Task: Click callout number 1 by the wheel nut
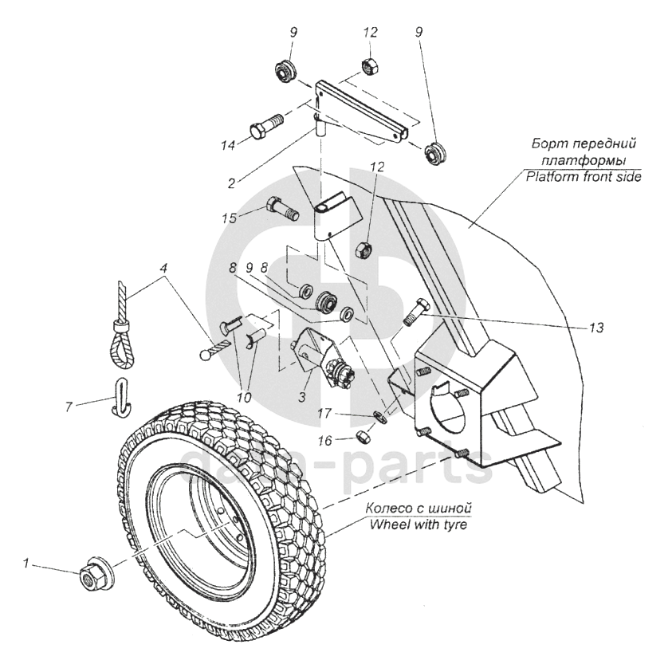coord(26,564)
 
